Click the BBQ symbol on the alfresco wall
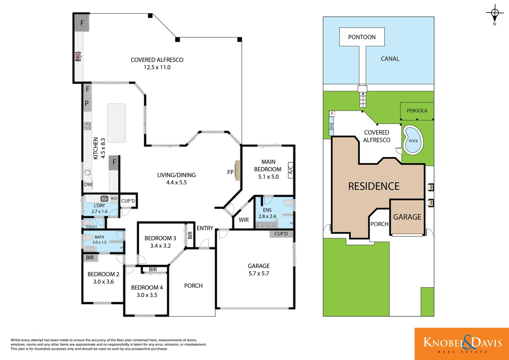point(78,57)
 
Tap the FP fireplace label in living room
point(230,172)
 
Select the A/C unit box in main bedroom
point(290,170)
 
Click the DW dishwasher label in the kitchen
point(88,184)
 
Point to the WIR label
point(244,220)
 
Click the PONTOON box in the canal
point(362,37)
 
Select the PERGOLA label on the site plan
point(417,111)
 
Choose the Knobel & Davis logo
point(462,344)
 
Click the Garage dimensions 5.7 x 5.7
point(258,273)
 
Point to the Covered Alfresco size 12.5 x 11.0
point(157,67)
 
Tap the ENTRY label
point(205,228)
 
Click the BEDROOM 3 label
point(160,238)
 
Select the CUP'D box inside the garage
point(281,234)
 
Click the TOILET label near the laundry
point(91,227)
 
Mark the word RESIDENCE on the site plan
point(374,186)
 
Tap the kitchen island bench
point(116,123)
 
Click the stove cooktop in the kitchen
point(87,126)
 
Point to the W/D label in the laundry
point(114,198)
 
